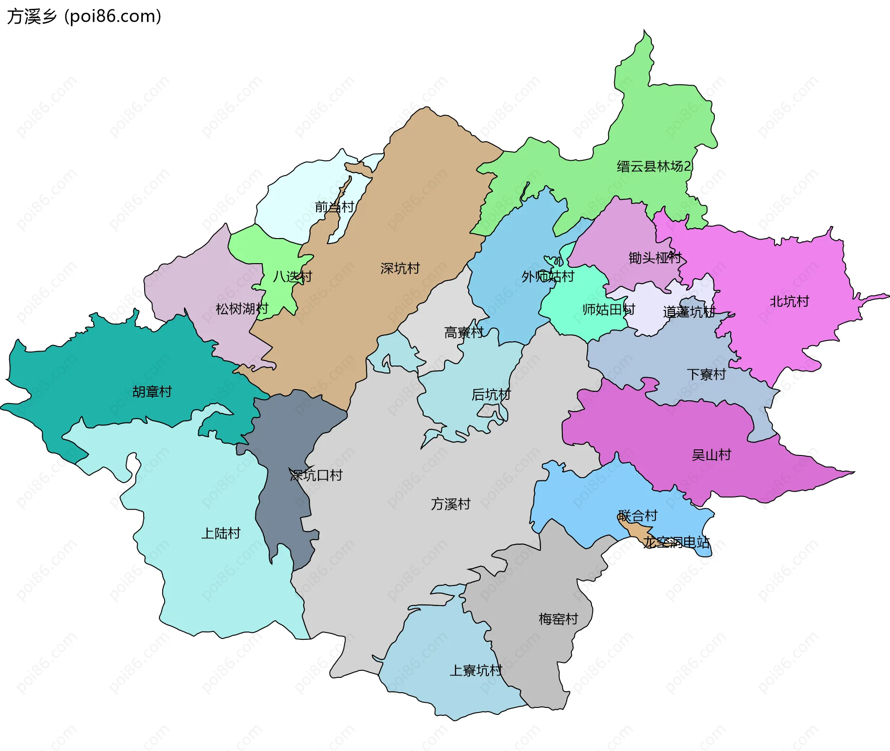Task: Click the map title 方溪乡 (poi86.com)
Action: coord(84,16)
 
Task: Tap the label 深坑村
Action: coord(400,268)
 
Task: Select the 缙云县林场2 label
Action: coord(653,166)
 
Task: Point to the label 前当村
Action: coord(334,207)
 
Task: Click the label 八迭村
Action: coord(292,277)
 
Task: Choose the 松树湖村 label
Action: coord(242,309)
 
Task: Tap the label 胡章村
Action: coord(152,392)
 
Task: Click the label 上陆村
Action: coord(221,533)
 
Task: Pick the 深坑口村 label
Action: coord(316,475)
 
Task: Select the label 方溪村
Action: coord(451,504)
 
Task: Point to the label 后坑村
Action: coord(491,395)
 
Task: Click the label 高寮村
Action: coord(464,333)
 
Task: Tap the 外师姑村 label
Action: coord(547,277)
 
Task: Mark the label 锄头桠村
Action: coord(655,258)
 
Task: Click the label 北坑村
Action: coord(789,302)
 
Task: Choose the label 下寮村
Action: coord(706,374)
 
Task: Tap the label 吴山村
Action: coord(711,455)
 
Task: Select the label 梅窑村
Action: coord(558,619)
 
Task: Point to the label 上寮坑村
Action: coord(476,670)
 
